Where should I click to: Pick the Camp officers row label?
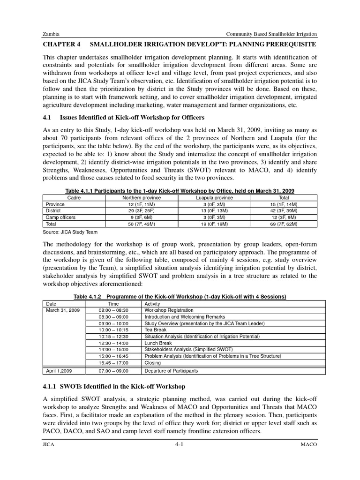point(60,217)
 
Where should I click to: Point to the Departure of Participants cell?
point(171,371)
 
